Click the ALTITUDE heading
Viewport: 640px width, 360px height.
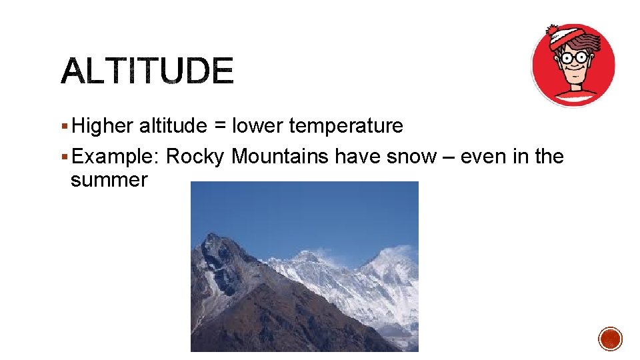click(147, 71)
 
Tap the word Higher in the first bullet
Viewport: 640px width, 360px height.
click(103, 125)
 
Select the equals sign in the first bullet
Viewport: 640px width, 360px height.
click(218, 126)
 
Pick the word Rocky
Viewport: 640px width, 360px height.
click(195, 157)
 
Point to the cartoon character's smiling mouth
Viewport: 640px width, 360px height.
click(575, 77)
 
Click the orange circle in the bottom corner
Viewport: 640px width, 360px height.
click(610, 339)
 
